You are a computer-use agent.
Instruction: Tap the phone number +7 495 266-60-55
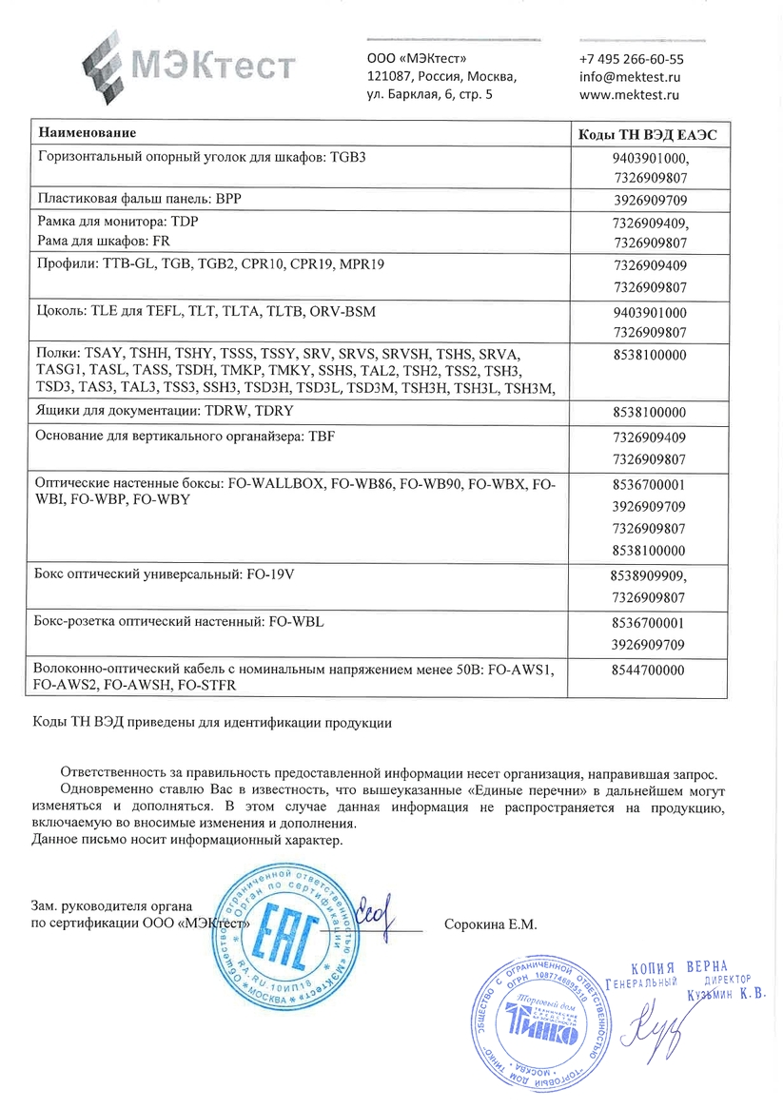tap(631, 59)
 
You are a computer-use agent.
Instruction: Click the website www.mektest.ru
tap(628, 95)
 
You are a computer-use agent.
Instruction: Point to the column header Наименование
tap(87, 132)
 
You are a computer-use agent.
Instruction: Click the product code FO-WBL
tap(300, 622)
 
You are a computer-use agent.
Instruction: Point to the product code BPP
tap(229, 200)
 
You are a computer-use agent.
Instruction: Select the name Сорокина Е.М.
tap(491, 924)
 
